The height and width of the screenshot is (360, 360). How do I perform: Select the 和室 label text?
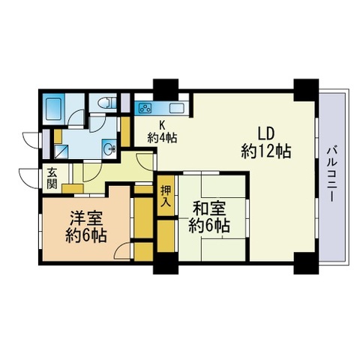[207, 208]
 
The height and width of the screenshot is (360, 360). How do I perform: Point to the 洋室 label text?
[86, 220]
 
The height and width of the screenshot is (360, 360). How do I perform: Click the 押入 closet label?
[166, 196]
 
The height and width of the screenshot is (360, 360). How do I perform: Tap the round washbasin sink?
[110, 148]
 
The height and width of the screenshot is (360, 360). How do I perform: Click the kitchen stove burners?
[145, 107]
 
